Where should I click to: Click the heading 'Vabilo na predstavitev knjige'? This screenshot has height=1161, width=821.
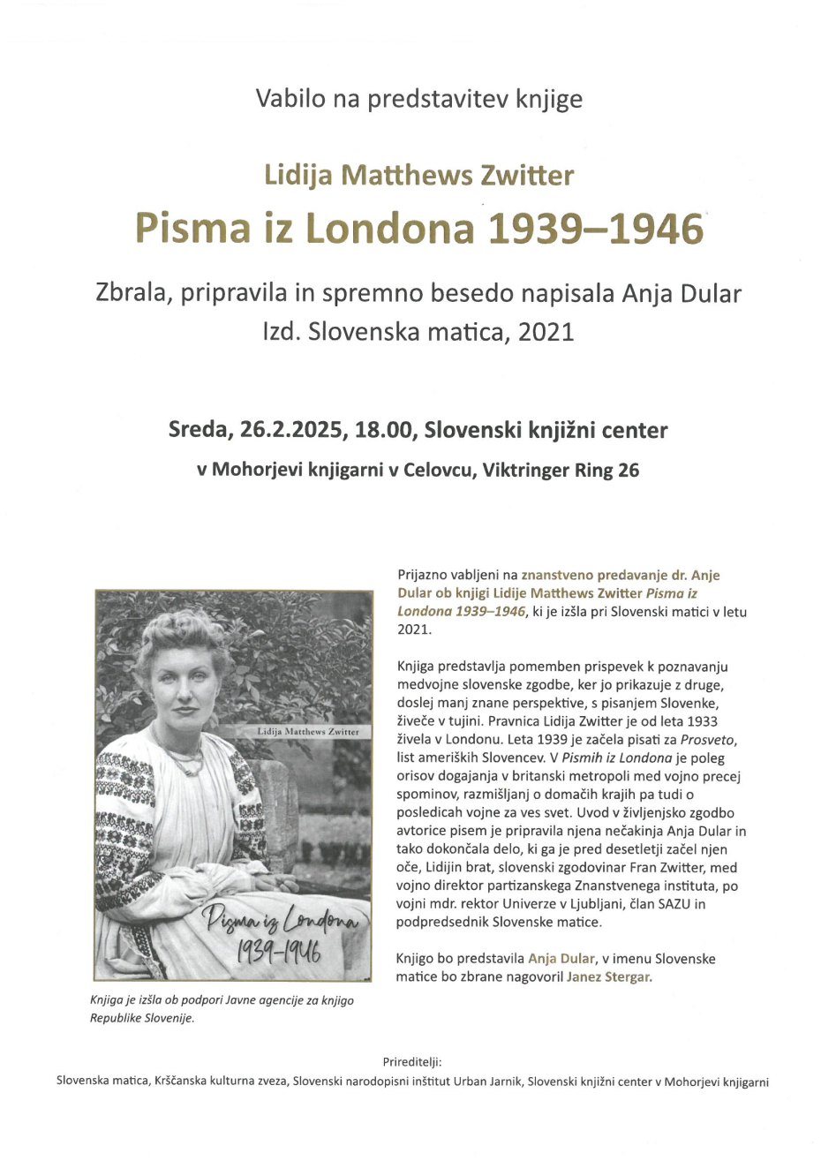pyautogui.click(x=418, y=99)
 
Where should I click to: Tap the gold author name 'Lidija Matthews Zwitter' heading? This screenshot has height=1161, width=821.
pyautogui.click(x=418, y=176)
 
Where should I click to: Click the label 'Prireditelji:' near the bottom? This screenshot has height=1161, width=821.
pyautogui.click(x=412, y=1061)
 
